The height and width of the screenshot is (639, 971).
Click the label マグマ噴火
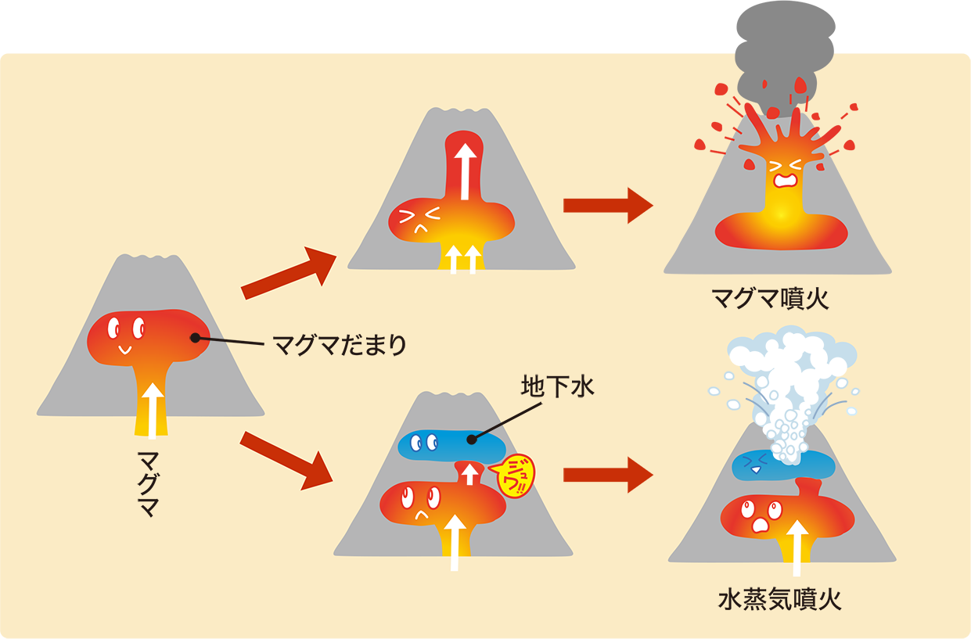click(769, 299)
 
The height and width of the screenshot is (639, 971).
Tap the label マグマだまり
click(340, 344)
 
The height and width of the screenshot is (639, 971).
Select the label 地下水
click(558, 386)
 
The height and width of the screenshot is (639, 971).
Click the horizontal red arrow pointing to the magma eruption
click(607, 206)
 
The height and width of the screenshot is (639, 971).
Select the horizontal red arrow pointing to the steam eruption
click(607, 475)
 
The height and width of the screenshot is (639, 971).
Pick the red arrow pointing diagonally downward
click(286, 460)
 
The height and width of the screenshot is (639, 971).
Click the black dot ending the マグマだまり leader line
click(195, 338)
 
